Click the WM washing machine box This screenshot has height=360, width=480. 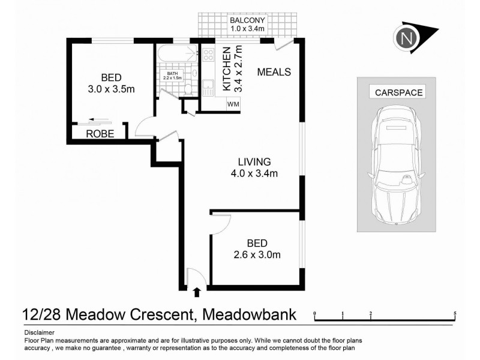[233, 104]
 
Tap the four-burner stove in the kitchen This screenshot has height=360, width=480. [208, 55]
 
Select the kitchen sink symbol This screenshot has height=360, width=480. [208, 87]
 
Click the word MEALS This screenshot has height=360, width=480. [274, 72]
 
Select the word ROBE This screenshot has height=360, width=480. [100, 134]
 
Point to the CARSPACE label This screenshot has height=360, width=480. [398, 92]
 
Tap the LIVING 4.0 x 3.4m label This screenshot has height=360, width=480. [254, 167]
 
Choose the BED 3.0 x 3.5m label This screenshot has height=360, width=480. [111, 83]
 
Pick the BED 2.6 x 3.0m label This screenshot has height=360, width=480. [256, 248]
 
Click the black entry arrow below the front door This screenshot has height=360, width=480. [197, 293]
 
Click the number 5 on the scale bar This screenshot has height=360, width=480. [455, 314]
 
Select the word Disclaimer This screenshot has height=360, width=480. [39, 332]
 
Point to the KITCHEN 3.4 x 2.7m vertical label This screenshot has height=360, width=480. [232, 69]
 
